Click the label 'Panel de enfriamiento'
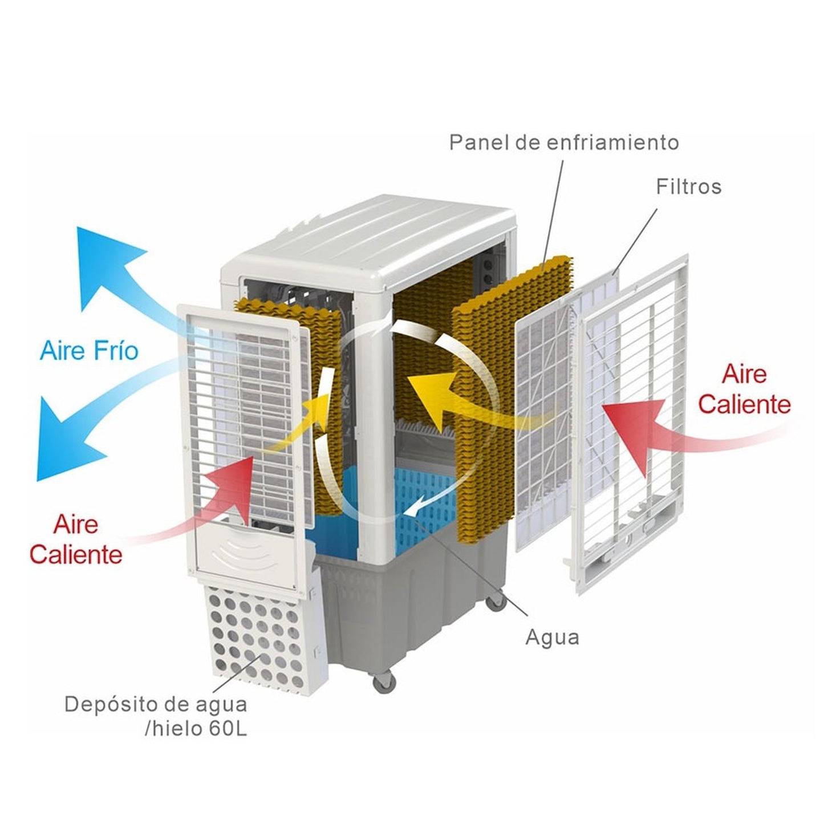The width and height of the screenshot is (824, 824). pyautogui.click(x=563, y=143)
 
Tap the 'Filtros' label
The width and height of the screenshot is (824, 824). pyautogui.click(x=688, y=187)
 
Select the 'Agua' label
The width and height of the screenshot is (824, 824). pyautogui.click(x=552, y=650)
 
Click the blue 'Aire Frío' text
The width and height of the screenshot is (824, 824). pyautogui.click(x=89, y=351)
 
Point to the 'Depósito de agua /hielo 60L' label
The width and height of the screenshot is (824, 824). pyautogui.click(x=156, y=716)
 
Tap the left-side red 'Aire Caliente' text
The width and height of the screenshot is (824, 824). pyautogui.click(x=76, y=539)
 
